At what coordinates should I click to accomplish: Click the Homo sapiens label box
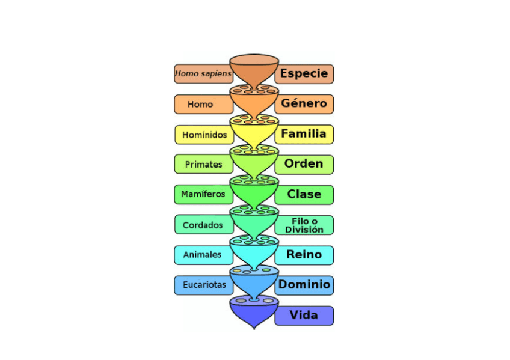(203, 74)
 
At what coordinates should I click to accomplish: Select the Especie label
(304, 74)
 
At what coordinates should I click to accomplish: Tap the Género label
(304, 103)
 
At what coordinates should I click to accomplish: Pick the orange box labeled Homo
(200, 104)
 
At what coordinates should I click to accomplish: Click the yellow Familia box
(304, 134)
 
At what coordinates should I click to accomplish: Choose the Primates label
(203, 164)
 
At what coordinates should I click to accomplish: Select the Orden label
(304, 163)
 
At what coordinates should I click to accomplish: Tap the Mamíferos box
(203, 194)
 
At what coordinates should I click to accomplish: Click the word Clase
(304, 194)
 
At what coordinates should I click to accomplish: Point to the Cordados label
(203, 225)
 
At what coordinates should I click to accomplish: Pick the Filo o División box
(304, 225)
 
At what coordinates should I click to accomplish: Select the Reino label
(304, 255)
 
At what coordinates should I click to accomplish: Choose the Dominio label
(304, 285)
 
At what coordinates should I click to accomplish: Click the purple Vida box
(304, 315)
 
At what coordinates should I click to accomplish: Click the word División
(304, 230)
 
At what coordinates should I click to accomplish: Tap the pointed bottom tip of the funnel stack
(254, 328)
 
